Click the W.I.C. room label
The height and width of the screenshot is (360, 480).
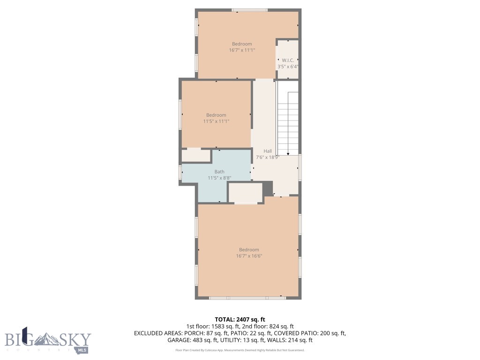[x=288, y=60]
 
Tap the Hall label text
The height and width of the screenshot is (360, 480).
[x=267, y=151]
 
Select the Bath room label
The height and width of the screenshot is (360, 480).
[x=219, y=172]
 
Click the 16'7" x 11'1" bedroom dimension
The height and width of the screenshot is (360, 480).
[x=242, y=50]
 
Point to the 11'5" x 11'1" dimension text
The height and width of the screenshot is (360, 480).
[x=216, y=121]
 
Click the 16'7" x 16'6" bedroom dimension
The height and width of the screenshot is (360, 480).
[x=249, y=256]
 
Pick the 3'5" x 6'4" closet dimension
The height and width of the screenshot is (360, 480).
[x=288, y=67]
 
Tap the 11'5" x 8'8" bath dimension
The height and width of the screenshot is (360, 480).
[x=219, y=178]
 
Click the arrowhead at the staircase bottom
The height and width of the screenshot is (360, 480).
[x=287, y=153]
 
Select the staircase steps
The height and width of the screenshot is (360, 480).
[x=287, y=122]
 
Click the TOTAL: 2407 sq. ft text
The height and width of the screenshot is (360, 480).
[x=243, y=319]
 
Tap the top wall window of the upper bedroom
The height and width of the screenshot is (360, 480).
[x=250, y=10]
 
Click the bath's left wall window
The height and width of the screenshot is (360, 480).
[x=180, y=172]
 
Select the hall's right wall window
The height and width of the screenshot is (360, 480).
[x=300, y=167]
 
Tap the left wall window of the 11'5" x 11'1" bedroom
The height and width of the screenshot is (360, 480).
[x=180, y=114]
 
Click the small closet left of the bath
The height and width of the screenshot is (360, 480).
[x=196, y=156]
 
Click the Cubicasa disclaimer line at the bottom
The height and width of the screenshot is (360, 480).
[x=240, y=350]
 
